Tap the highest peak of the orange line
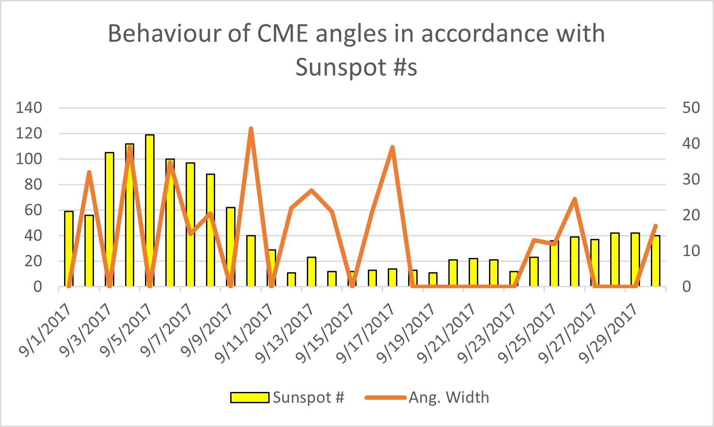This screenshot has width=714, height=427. pos(251,129)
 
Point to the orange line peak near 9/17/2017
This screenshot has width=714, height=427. pos(392,148)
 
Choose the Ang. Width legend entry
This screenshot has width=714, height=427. pos(427,397)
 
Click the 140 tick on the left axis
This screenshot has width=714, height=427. pos(29,108)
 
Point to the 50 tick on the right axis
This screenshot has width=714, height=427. pos(691,108)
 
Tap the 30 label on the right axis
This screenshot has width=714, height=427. pos(691,179)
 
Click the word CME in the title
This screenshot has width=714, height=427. pos(282,33)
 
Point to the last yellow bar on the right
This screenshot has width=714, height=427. pos(656,261)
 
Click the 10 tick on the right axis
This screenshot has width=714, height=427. pos(691,251)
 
